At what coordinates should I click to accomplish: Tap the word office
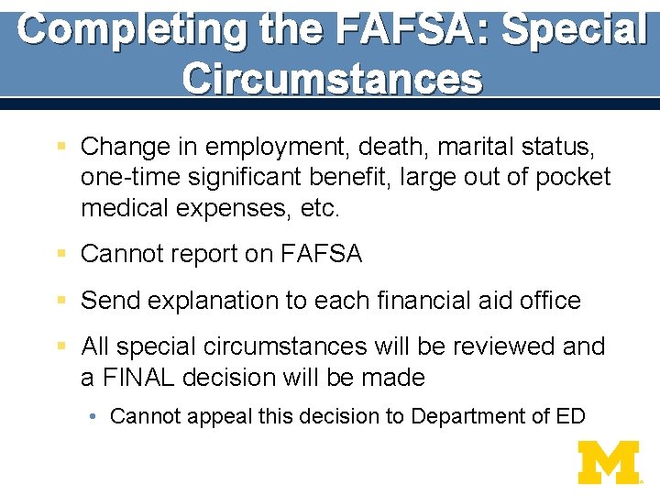tap(548, 301)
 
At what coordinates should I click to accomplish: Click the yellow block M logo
tap(608, 462)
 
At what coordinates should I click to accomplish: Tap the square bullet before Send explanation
tap(61, 300)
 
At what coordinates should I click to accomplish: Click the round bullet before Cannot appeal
tap(95, 417)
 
